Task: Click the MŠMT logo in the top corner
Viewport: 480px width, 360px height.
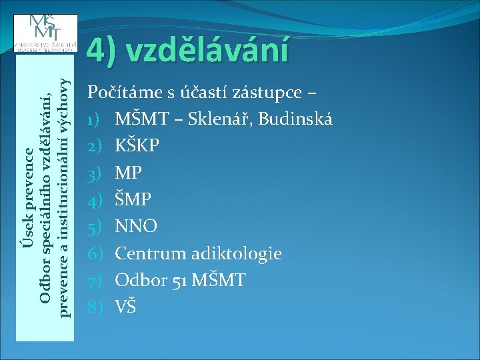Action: click(45, 33)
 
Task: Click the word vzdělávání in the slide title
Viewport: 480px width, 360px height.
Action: click(207, 50)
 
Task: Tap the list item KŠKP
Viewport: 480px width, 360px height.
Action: click(137, 146)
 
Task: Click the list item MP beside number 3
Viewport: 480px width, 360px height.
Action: click(128, 173)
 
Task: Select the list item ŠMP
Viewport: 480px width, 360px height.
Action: click(133, 199)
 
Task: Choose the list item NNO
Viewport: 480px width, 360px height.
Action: click(136, 227)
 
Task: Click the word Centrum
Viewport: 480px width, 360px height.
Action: click(151, 253)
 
